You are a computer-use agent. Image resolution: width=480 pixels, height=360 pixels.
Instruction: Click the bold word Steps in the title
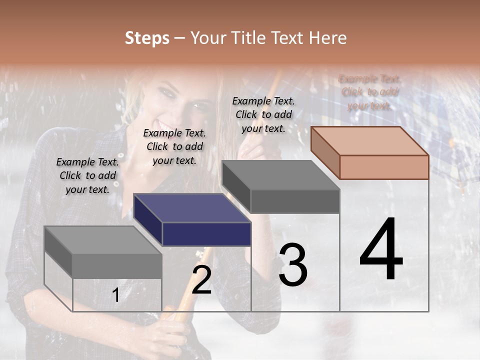coord(147,38)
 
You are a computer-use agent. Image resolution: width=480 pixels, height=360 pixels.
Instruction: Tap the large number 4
coord(381,249)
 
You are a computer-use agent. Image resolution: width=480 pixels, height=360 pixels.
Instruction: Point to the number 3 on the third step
coord(293,264)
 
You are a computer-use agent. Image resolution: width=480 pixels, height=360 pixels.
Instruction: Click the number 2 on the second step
coord(201,280)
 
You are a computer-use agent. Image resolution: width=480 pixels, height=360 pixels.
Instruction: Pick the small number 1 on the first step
coord(115,295)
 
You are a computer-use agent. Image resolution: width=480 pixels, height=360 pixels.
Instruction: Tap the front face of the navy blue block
coord(206,234)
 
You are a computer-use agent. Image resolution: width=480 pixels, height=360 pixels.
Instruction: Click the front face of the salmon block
coord(384,167)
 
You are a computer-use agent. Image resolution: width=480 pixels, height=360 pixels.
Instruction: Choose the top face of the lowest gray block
coord(103,240)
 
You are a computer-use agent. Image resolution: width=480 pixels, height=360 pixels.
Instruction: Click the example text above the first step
coord(87,175)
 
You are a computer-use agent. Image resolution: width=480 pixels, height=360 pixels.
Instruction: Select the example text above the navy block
coord(174,146)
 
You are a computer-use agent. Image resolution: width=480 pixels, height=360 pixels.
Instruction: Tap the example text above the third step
coord(263,114)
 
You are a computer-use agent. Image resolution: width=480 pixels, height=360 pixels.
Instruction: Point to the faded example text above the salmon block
coord(369,92)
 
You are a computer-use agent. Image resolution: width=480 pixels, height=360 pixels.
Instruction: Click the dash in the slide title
coord(180,38)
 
